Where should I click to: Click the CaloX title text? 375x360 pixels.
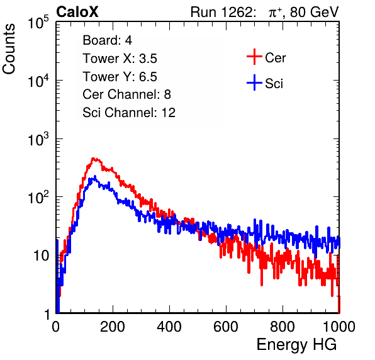[77, 12]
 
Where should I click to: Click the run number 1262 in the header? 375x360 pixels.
[236, 12]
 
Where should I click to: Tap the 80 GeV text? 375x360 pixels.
[314, 12]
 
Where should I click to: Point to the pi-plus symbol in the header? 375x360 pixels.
[275, 12]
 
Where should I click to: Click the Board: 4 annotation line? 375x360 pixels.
[108, 40]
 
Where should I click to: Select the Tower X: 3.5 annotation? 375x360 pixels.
[120, 59]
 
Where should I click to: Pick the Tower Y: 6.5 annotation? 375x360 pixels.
[120, 77]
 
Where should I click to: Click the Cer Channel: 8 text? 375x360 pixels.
[126, 94]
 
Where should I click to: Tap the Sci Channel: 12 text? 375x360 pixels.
[129, 113]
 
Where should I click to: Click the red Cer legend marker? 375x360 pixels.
[254, 57]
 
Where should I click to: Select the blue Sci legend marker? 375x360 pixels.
[254, 83]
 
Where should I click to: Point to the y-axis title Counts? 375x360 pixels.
[9, 49]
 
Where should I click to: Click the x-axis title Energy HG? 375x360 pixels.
[297, 345]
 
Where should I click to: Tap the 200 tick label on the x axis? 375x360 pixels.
[113, 327]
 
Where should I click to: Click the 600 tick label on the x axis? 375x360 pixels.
[226, 327]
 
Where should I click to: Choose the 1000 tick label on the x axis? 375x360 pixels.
[339, 327]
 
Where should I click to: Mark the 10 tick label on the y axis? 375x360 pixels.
[42, 256]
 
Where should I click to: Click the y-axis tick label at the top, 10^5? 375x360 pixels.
[38, 22]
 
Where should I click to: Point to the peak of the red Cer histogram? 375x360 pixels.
[94, 159]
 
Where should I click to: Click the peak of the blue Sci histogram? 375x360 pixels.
[95, 176]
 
